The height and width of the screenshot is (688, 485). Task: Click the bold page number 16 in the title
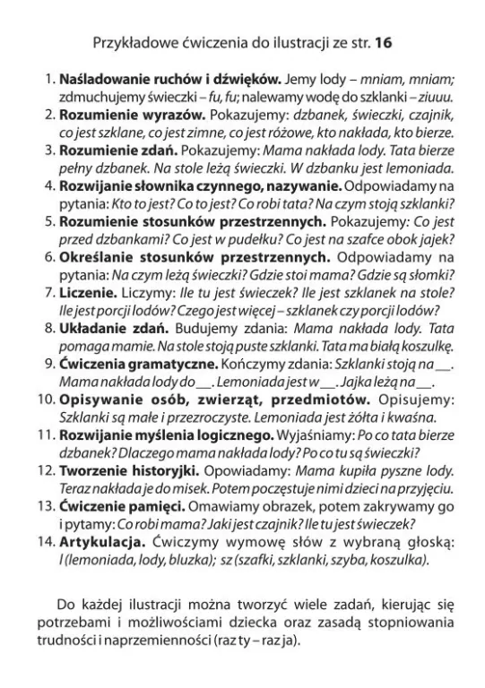pyautogui.click(x=384, y=42)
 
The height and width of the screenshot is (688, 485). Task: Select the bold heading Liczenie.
pyautogui.click(x=88, y=292)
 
